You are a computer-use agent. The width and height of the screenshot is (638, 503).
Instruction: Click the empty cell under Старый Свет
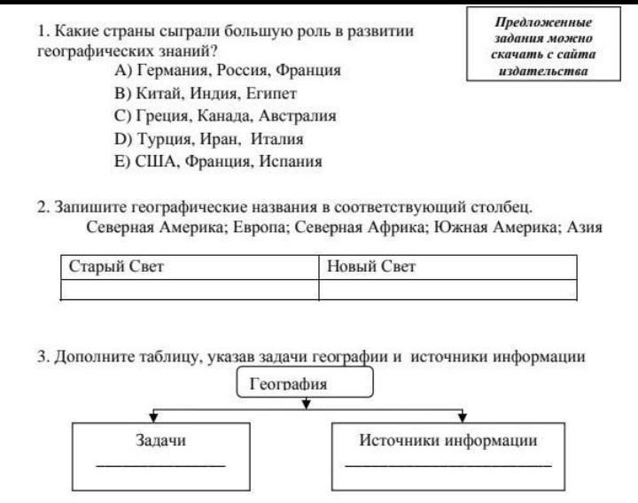(x=190, y=290)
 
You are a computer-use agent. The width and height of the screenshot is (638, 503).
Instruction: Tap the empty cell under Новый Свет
(x=447, y=290)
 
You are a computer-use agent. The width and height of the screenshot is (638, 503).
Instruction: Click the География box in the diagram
(x=307, y=384)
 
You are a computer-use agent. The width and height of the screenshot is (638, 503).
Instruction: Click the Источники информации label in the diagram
(x=447, y=440)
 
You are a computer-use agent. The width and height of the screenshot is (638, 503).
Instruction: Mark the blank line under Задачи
(x=160, y=465)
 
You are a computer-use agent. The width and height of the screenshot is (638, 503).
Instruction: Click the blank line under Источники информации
(x=447, y=465)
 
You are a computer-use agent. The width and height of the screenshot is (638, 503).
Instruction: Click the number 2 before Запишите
(x=41, y=207)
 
